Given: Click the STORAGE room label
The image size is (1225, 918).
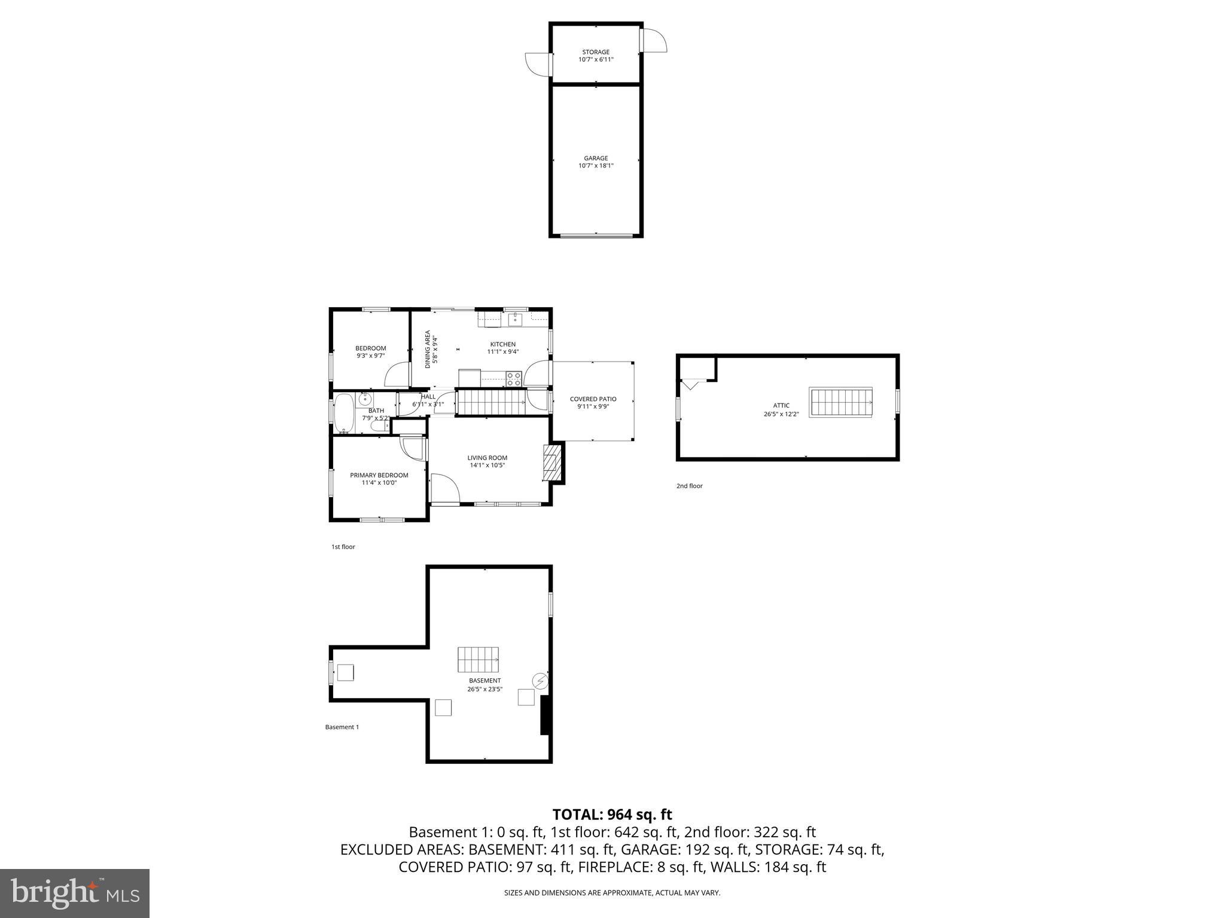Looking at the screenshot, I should click(x=596, y=52).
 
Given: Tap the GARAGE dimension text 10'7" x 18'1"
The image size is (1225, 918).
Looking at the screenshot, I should click(x=596, y=166).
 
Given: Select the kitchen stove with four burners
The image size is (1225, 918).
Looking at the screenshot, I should click(x=513, y=378).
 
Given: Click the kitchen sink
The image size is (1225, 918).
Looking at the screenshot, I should click(x=516, y=319).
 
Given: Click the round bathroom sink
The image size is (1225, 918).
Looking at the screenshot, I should click(x=365, y=399).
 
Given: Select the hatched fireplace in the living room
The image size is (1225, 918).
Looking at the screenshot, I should click(x=553, y=462).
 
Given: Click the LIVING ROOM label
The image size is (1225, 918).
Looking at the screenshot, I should click(x=487, y=458).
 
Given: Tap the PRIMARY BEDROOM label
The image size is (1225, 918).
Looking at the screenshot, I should click(x=379, y=475).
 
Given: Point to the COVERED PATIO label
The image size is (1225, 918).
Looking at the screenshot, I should click(x=593, y=399).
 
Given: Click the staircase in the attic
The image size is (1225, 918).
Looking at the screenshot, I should click(x=840, y=402).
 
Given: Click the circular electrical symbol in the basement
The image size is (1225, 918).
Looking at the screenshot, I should click(x=540, y=680).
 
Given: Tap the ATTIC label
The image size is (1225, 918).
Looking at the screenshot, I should click(x=781, y=405).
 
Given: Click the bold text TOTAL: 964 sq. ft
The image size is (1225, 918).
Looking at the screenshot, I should click(x=612, y=815).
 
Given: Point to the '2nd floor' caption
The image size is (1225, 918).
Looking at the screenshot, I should click(x=689, y=486).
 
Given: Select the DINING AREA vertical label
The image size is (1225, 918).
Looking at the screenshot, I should click(x=428, y=349).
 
